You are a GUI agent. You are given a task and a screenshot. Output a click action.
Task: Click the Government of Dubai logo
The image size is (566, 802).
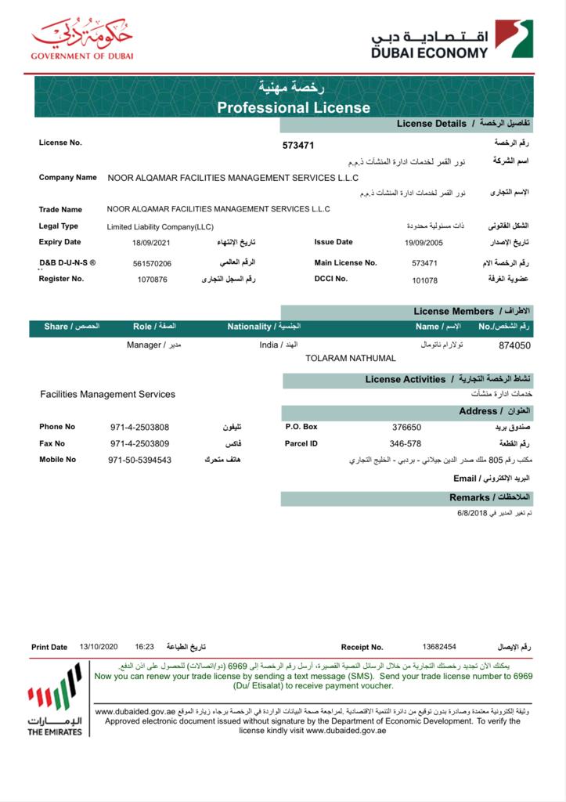click(81, 38)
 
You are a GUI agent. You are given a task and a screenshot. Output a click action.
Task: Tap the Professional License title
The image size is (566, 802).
click(294, 107)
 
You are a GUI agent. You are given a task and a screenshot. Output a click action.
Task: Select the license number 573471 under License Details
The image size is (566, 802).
click(298, 146)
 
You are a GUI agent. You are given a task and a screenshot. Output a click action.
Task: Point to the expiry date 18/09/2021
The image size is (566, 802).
click(151, 243)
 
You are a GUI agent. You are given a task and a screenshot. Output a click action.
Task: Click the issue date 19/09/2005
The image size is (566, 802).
click(424, 243)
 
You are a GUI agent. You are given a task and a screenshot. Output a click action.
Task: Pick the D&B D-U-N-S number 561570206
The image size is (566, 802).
click(152, 264)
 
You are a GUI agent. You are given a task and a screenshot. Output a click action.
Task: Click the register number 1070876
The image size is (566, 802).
click(152, 280)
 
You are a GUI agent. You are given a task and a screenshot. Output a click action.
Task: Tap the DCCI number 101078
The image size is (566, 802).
click(424, 280)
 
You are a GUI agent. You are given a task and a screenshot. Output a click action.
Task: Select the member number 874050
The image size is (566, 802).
click(514, 345)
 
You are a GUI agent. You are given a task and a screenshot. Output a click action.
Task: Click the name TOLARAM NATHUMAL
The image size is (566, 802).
click(350, 358)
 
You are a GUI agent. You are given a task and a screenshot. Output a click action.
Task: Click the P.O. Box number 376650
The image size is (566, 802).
click(406, 428)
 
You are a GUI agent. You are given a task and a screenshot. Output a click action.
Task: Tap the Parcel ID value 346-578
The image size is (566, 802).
click(406, 444)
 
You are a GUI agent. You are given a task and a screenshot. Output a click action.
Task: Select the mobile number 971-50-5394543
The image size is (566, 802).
click(139, 461)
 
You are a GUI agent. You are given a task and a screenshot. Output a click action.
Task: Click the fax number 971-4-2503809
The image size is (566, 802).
click(139, 444)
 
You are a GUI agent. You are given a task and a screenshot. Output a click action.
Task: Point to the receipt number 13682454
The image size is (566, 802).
click(438, 647)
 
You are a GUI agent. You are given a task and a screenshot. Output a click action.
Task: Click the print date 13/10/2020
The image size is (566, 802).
click(99, 647)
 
